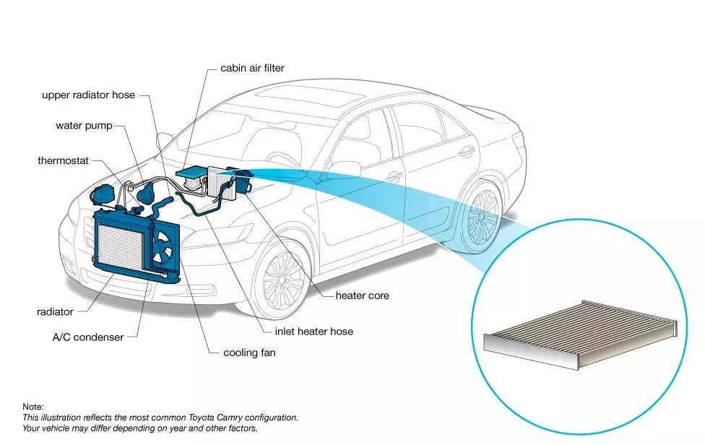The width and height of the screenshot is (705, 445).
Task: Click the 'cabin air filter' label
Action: coord(252,68)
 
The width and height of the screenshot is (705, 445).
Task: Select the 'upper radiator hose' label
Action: coord(89,95)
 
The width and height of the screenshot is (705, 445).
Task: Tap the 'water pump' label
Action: coord(84,126)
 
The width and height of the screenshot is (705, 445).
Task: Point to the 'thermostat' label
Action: coord(64,160)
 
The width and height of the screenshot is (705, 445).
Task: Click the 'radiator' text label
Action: coord(55,311)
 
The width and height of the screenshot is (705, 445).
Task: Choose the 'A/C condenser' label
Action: coord(88,337)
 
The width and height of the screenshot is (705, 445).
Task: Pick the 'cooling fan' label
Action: coord(249,353)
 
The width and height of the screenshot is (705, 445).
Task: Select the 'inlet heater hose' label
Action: coord(313,332)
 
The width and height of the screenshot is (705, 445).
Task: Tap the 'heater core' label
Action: coord(363,295)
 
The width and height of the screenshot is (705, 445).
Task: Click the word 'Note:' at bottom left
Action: coord(33,407)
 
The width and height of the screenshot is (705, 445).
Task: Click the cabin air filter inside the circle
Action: coord(581,334)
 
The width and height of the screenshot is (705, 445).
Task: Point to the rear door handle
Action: coord(467,152)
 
